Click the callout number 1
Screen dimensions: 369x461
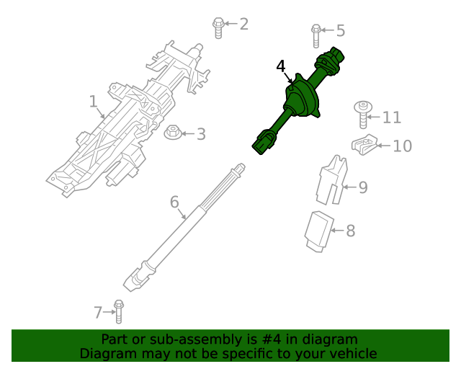(93, 102)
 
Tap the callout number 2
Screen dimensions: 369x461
(243, 24)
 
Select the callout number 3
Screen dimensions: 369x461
(201, 134)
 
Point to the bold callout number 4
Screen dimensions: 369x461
(281, 66)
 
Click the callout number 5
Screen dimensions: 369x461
(340, 30)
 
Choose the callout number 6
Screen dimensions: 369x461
(174, 203)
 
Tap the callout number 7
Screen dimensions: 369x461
(99, 312)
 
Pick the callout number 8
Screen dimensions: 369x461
(351, 231)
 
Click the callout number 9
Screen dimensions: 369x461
(363, 187)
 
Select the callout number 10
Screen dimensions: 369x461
(402, 146)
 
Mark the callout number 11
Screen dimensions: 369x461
(391, 117)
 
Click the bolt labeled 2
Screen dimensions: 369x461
(217, 26)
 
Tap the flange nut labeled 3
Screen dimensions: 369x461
(173, 133)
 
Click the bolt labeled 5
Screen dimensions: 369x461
(315, 32)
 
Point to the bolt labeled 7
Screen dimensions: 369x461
(120, 311)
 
